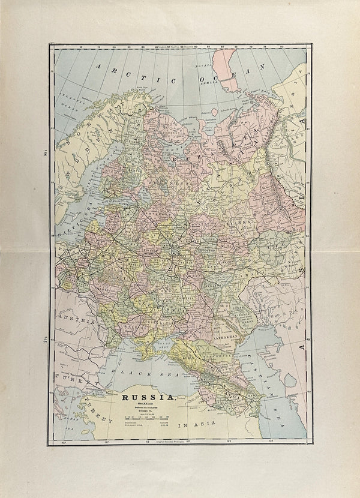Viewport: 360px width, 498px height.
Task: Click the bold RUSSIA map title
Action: click(x=149, y=397)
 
